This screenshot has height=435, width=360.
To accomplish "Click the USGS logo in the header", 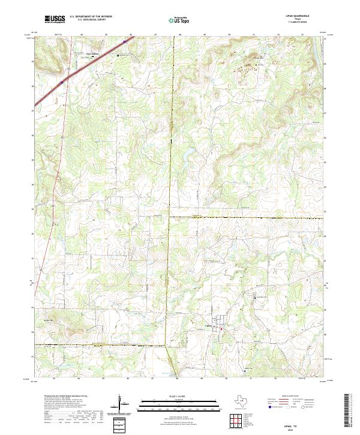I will tap(55, 20).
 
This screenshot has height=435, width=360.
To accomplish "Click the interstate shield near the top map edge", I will tap(125, 41).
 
